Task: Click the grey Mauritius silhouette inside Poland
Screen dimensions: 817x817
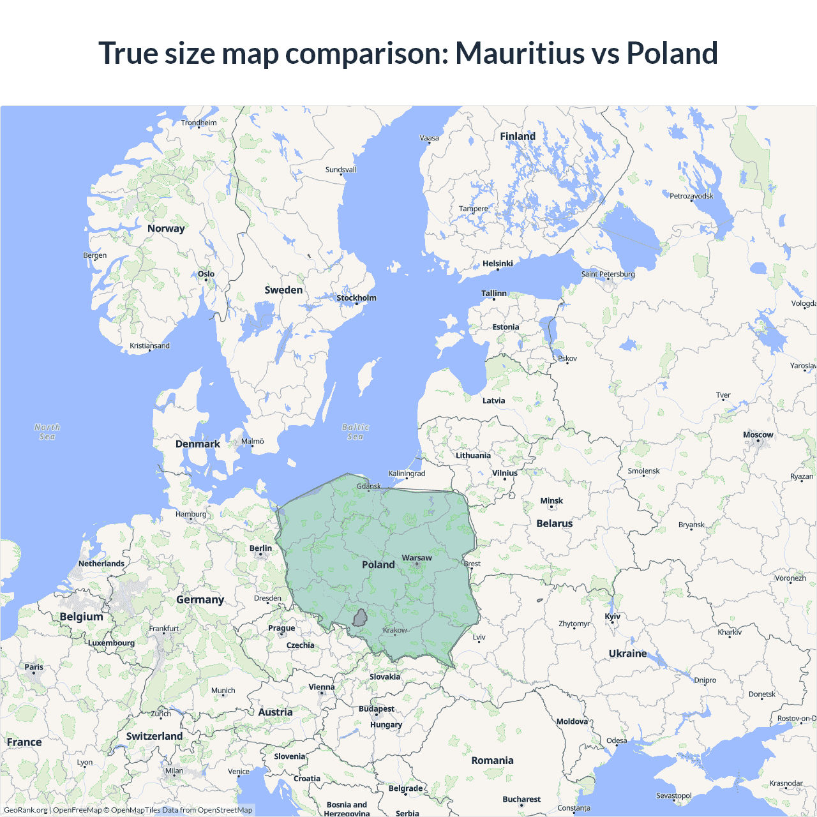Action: (361, 618)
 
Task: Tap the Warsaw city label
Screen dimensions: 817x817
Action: (417, 558)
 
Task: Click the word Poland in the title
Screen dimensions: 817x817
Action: (672, 53)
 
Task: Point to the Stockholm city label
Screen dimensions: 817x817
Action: (356, 298)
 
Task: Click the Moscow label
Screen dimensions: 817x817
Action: (758, 435)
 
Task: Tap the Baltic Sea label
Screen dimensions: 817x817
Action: (356, 432)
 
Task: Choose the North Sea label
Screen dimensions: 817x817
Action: (47, 432)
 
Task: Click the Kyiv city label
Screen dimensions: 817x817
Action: (612, 617)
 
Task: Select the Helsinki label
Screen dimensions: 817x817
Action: (497, 264)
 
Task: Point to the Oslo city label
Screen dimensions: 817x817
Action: (206, 274)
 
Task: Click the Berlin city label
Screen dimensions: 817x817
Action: (260, 548)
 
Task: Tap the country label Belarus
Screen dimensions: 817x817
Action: (554, 523)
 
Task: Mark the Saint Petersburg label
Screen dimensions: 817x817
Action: (608, 274)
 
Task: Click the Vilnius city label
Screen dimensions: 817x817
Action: (504, 473)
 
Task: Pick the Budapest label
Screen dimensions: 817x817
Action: (376, 709)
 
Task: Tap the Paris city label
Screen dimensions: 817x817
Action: (34, 667)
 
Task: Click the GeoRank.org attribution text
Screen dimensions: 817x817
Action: (26, 810)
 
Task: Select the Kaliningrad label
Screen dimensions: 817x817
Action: (407, 474)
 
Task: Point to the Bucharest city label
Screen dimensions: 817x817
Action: (521, 799)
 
